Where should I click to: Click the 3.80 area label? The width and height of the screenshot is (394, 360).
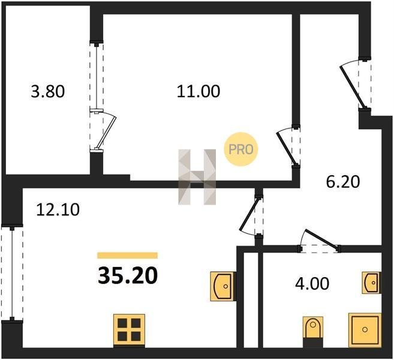[x=48, y=91]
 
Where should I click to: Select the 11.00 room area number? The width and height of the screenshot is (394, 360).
[x=198, y=91]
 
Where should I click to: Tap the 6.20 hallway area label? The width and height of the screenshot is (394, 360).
[x=343, y=182]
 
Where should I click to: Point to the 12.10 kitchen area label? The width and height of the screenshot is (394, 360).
[x=58, y=209]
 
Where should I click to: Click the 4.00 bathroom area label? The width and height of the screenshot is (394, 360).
[x=312, y=284]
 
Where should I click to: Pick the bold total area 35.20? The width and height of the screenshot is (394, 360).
[x=128, y=275]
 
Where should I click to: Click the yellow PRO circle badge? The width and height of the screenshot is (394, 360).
[x=241, y=149]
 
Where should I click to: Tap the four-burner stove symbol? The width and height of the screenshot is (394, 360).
[x=129, y=329]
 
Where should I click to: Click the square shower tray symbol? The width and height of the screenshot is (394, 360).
[x=365, y=330]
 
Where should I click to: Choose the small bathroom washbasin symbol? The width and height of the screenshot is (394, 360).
[x=371, y=283]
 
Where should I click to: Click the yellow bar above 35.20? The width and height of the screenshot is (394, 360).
[x=127, y=256]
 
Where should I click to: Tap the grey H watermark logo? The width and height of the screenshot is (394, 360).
[x=197, y=177]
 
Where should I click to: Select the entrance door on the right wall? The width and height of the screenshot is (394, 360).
[x=355, y=84]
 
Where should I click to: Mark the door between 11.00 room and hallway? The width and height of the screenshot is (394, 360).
[x=288, y=146]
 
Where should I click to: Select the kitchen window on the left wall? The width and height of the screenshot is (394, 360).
[x=12, y=274]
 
